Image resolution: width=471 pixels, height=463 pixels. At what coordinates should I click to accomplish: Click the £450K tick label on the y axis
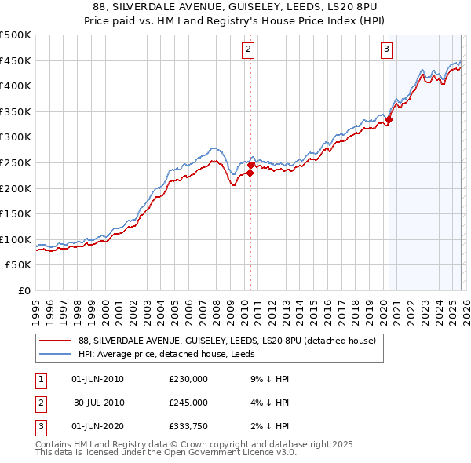point(16,60)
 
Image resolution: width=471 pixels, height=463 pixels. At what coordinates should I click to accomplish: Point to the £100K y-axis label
point(16,239)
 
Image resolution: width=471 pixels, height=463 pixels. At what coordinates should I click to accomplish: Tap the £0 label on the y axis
point(24,290)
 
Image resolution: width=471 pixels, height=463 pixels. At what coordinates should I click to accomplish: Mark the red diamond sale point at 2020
point(389,119)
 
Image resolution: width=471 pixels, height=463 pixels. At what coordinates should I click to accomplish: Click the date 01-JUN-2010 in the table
point(97,379)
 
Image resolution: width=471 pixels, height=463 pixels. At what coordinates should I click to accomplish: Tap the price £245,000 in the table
point(188,403)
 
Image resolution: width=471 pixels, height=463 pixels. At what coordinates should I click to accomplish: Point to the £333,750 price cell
point(188,426)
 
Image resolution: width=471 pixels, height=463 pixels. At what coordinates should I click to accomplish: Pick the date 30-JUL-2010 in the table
point(97,403)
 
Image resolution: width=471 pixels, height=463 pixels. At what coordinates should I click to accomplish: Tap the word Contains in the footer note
point(57,444)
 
